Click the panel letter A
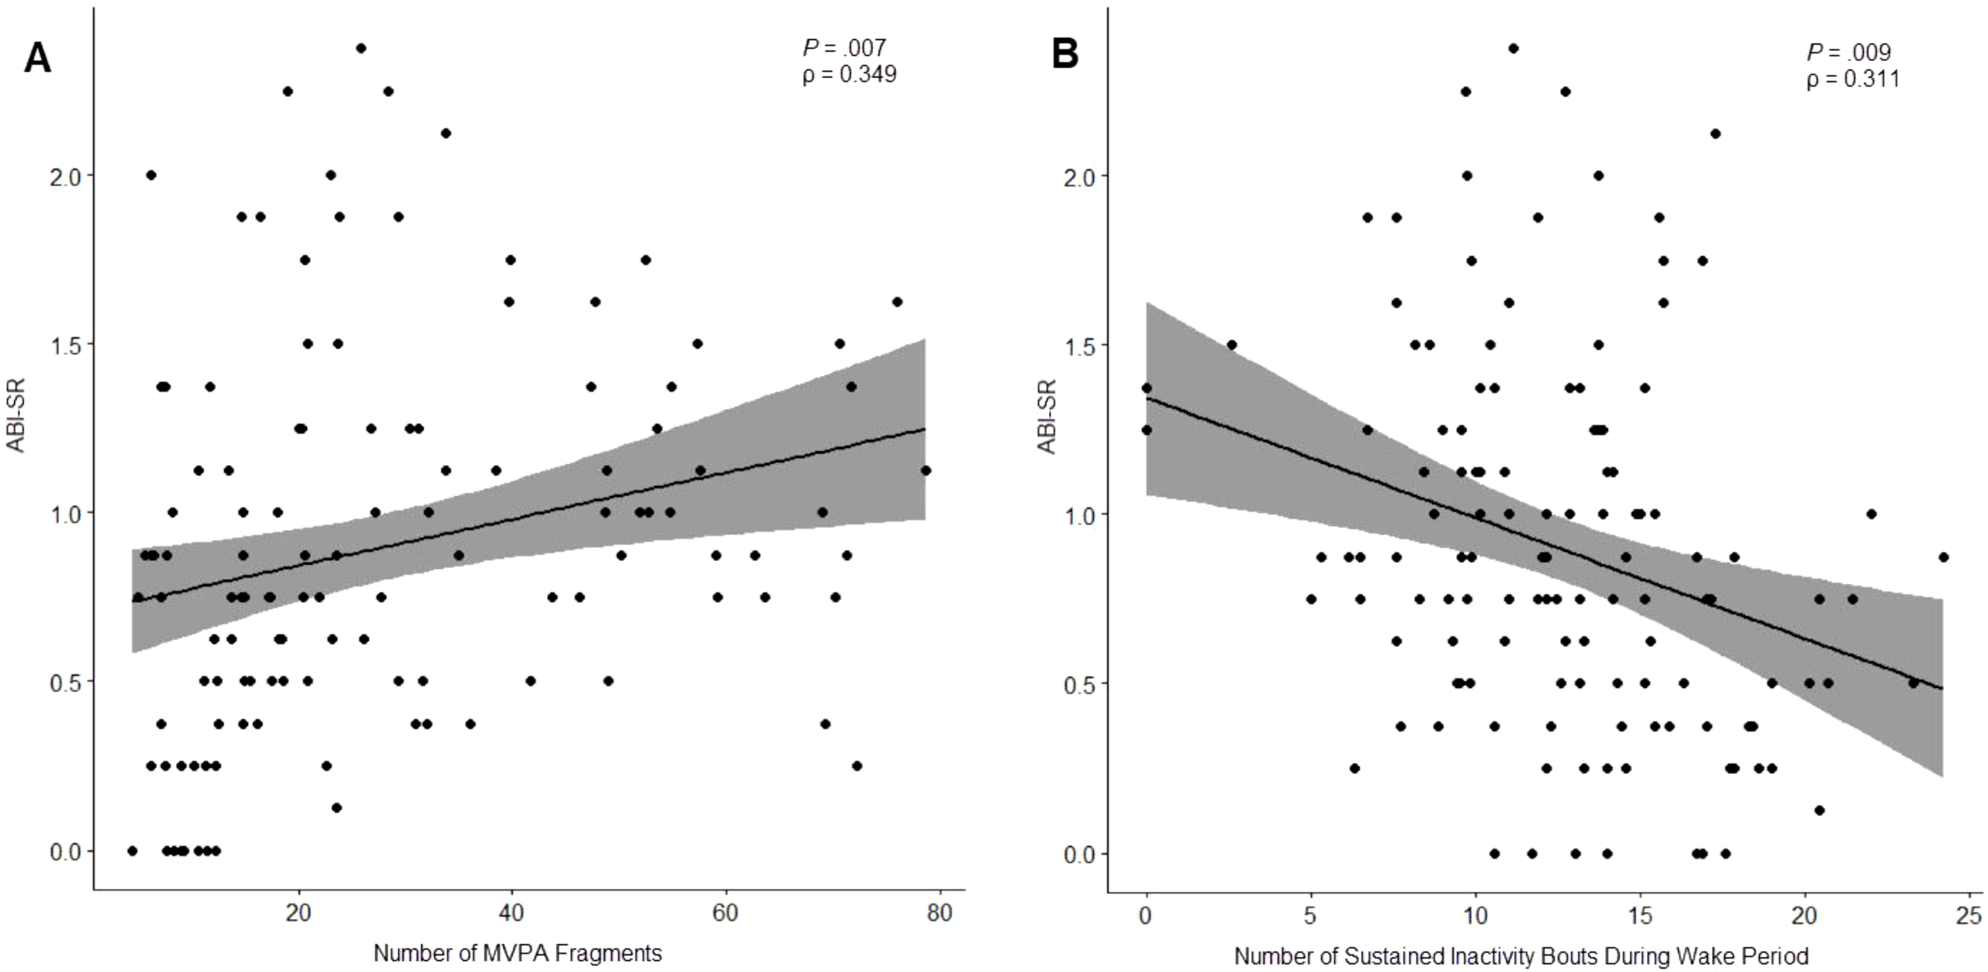(x=37, y=58)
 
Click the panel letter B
(x=1065, y=55)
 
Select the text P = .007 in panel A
(x=844, y=48)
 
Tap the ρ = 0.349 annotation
(x=849, y=74)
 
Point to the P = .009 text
(x=1848, y=52)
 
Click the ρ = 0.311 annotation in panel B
(x=1852, y=79)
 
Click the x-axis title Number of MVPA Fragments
(x=517, y=952)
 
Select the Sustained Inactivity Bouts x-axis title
(x=1520, y=955)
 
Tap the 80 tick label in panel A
(x=939, y=912)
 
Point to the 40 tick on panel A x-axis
(x=511, y=912)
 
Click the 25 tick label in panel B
(x=1968, y=916)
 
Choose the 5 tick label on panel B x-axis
(x=1310, y=916)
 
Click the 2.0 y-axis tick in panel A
(x=65, y=176)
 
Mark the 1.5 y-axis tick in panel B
(x=1079, y=345)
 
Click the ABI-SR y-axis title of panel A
(x=16, y=415)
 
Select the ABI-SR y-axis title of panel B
(x=1046, y=417)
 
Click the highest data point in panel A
(x=360, y=48)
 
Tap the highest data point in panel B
(x=1512, y=49)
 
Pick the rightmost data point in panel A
(x=925, y=470)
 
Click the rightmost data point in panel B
(x=1943, y=557)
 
